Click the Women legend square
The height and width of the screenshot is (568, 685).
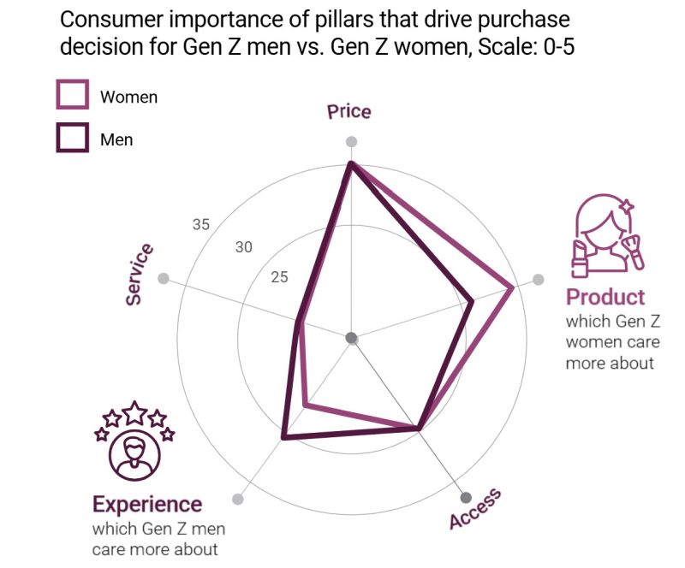click(73, 94)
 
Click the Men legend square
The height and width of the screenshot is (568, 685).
click(73, 137)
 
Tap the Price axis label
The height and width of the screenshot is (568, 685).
click(349, 112)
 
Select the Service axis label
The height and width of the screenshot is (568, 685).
click(140, 274)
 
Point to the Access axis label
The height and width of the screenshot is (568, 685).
click(475, 510)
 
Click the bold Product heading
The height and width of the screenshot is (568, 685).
click(605, 297)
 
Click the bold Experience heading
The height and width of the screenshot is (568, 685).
click(147, 504)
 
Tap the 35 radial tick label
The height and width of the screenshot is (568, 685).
click(200, 224)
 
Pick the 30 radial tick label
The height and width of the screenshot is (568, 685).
click(244, 247)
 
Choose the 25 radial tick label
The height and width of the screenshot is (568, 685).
click(280, 276)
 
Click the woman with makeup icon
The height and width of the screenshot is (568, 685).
click(606, 237)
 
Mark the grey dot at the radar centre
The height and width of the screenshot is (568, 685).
click(351, 338)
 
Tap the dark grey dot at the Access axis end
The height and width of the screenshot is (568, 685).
click(466, 498)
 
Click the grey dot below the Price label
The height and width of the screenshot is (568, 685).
click(351, 142)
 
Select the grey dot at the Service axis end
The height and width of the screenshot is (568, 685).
click(164, 279)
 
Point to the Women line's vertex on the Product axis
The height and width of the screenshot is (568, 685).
click(512, 287)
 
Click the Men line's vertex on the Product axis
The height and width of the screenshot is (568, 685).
click(472, 300)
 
